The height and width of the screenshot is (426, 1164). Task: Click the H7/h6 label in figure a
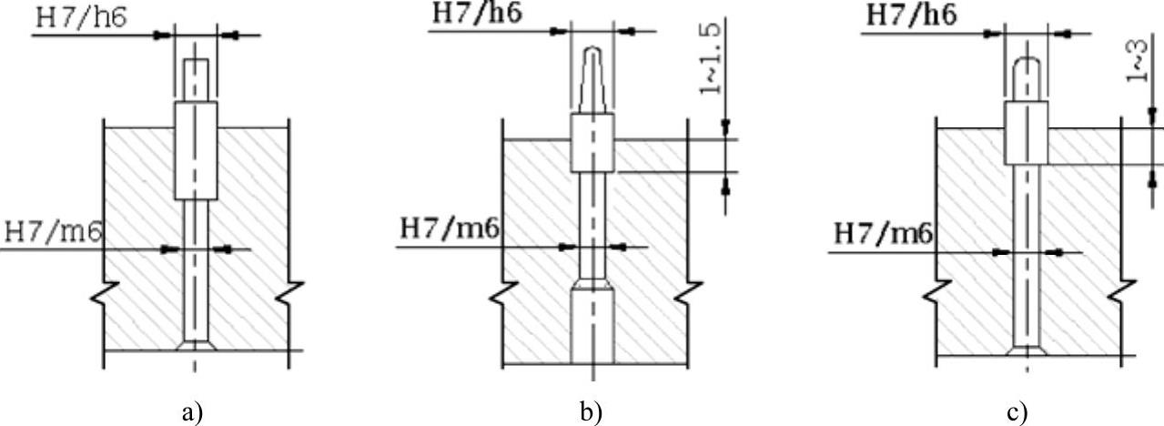(x=82, y=18)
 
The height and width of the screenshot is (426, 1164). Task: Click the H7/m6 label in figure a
(x=53, y=232)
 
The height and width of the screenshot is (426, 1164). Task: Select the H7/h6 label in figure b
(x=477, y=13)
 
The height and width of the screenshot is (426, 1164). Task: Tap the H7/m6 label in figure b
(x=450, y=228)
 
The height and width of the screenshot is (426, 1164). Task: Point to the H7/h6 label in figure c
(x=912, y=15)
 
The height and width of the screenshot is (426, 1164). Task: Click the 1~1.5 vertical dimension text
(x=711, y=57)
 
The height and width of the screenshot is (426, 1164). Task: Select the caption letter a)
(x=193, y=413)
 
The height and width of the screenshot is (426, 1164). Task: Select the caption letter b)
(x=591, y=413)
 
